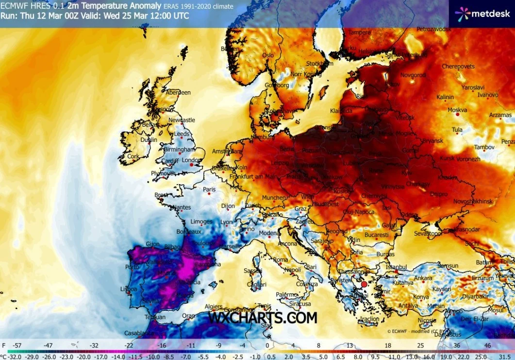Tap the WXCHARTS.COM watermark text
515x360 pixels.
[263, 318]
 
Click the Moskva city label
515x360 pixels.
[457, 110]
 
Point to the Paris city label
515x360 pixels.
[209, 189]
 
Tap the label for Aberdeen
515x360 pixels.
[178, 92]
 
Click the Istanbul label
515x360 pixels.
[396, 267]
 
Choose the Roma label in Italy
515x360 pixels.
[281, 260]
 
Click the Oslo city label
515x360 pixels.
[268, 55]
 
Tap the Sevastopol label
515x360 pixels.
[428, 234]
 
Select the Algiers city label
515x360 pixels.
[214, 307]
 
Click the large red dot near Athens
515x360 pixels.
[364, 284]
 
